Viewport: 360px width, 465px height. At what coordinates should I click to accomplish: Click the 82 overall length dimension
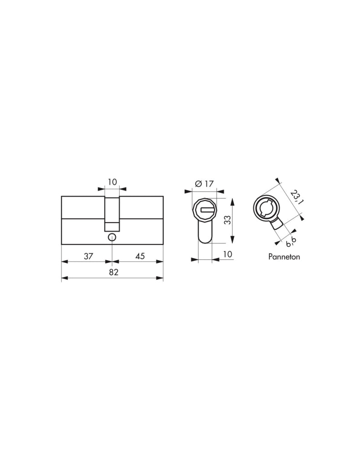coord(113,272)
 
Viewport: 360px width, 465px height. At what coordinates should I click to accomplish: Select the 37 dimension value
coord(89,256)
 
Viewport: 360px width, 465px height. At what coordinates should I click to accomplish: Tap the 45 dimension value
coord(140,256)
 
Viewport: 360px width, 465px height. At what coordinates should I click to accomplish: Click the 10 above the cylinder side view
coord(112,182)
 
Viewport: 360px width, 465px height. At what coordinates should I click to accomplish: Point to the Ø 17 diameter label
coord(204,184)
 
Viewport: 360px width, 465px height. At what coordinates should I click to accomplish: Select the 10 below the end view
coord(227,254)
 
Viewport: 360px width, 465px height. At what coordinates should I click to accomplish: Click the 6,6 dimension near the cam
coord(290,242)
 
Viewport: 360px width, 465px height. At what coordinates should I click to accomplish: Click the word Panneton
coord(284,257)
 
